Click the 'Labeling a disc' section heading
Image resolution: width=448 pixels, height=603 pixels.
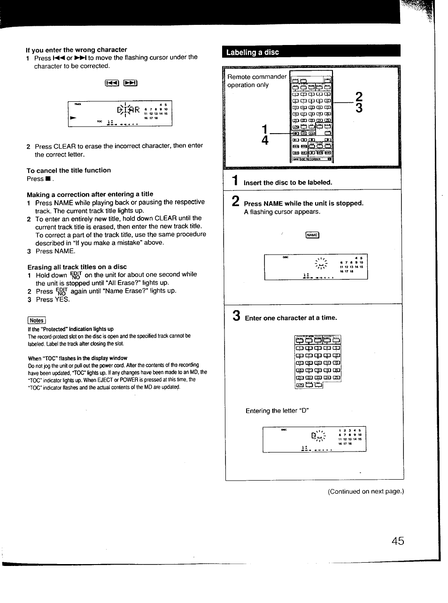point(253,52)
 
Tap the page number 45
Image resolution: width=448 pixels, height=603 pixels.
point(397,541)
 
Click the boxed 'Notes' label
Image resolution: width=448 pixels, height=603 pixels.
point(37,321)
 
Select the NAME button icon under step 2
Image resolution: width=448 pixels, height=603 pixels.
point(312,235)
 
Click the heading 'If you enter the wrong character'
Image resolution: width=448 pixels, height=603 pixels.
point(77,50)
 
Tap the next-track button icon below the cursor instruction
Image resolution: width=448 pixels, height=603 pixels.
point(130,83)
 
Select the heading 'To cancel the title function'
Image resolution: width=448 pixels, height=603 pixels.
point(69,170)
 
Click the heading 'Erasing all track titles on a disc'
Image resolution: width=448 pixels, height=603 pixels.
point(77,267)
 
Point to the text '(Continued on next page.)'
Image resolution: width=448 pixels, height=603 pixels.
point(365,491)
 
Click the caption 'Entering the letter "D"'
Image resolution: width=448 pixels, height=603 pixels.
point(277,411)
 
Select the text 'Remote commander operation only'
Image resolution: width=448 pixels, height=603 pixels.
point(256,81)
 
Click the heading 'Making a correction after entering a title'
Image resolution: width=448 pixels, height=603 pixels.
point(90,194)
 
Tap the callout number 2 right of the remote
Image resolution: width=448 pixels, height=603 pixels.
point(359,97)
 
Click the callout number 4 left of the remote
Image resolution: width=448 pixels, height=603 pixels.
point(265,140)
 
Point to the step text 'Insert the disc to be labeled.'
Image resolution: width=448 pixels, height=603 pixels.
point(287,182)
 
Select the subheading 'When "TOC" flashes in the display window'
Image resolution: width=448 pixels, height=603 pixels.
point(77,358)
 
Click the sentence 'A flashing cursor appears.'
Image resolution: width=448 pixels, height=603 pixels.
point(282,212)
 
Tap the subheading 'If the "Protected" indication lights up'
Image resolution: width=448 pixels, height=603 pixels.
point(70,329)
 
